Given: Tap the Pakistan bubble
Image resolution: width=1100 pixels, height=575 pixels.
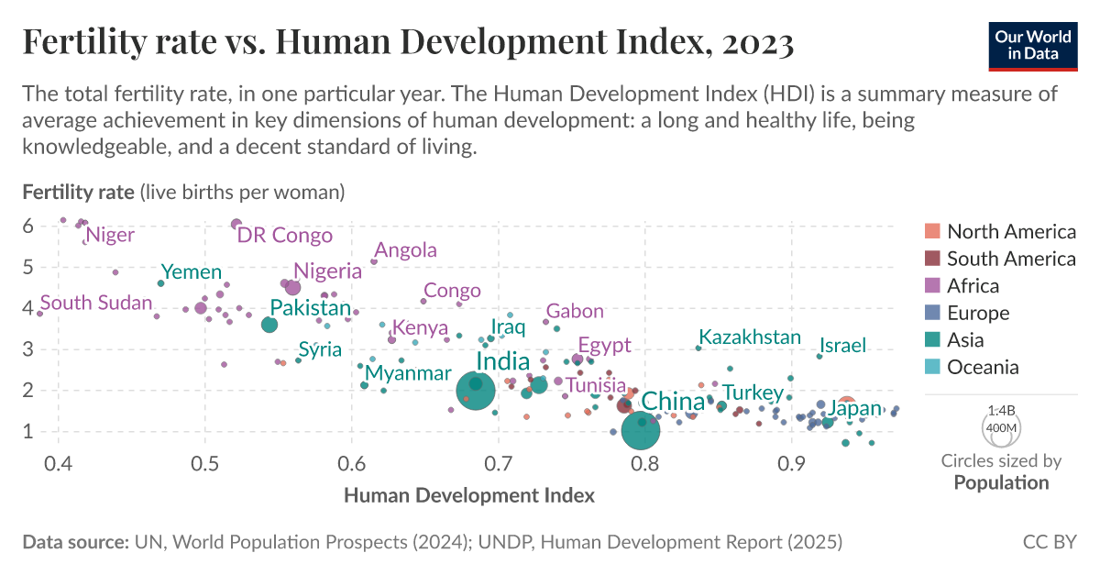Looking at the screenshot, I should click(x=269, y=325).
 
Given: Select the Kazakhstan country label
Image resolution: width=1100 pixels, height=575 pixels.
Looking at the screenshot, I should click(x=749, y=337).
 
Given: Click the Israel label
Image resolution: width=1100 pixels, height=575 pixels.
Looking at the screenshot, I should click(x=842, y=346).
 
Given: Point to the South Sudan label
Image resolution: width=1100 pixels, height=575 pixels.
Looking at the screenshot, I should click(x=95, y=303).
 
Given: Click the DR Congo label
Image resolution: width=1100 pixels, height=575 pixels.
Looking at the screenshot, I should click(x=284, y=236).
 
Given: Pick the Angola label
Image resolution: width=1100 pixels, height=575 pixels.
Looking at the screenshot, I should click(x=406, y=250).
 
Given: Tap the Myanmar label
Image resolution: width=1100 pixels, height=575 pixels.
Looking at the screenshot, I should click(x=408, y=373).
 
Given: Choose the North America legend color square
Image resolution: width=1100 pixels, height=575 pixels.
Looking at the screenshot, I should click(x=931, y=231).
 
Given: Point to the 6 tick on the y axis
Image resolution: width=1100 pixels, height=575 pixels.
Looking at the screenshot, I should click(x=27, y=226).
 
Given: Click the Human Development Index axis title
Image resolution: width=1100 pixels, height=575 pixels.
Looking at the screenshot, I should click(x=469, y=495).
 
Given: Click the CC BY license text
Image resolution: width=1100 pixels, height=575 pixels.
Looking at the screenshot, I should click(x=1049, y=542).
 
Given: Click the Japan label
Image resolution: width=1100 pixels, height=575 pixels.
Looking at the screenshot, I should click(x=854, y=409).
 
